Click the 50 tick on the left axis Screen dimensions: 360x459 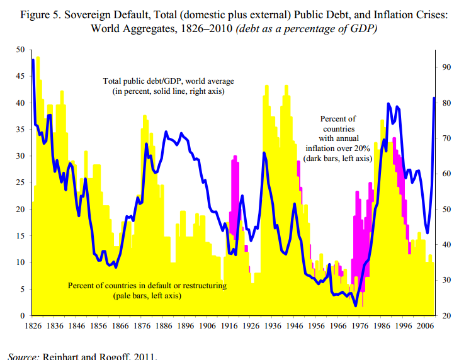coord(20,50)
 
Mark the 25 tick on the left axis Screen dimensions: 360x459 coord(20,183)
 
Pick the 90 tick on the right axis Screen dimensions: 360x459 coord(447,67)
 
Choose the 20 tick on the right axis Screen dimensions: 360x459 coord(447,315)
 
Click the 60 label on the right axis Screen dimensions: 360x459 coord(447,174)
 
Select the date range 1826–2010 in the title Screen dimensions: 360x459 coord(203,29)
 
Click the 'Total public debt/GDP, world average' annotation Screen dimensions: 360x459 coord(169,81)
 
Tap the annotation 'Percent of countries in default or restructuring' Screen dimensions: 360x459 coord(147,286)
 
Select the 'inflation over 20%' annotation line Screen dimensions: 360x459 coord(338,149)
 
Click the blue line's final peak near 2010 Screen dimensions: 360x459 coord(434,98)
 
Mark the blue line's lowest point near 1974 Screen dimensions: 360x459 coord(356,306)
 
